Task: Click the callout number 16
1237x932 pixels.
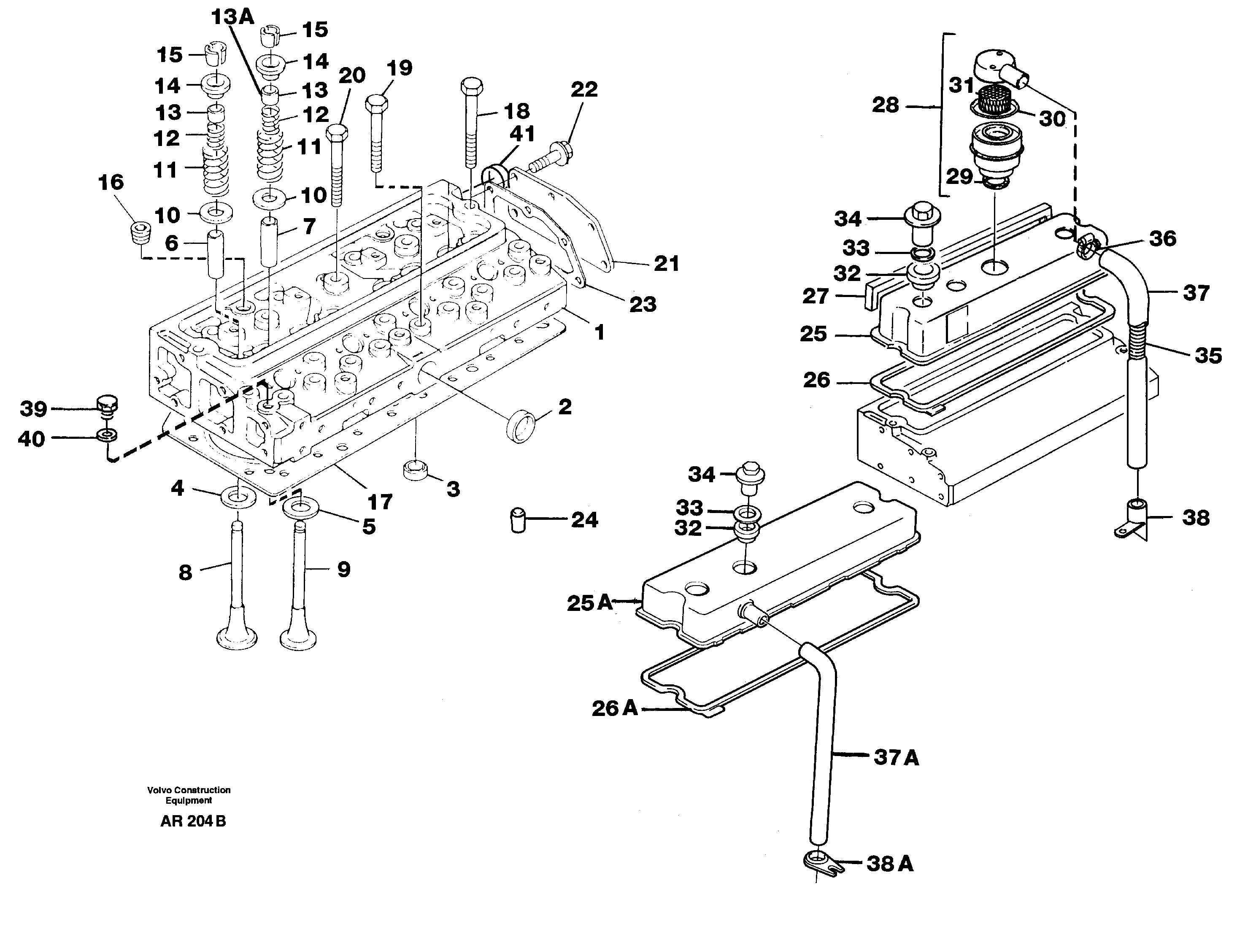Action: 111,182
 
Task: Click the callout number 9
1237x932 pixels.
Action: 343,569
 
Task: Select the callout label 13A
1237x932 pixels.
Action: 232,18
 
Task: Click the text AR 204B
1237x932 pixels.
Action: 193,821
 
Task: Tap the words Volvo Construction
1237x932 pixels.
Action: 189,790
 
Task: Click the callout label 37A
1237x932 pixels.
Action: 897,758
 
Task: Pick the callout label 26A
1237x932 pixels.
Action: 615,708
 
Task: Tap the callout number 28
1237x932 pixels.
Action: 885,105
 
